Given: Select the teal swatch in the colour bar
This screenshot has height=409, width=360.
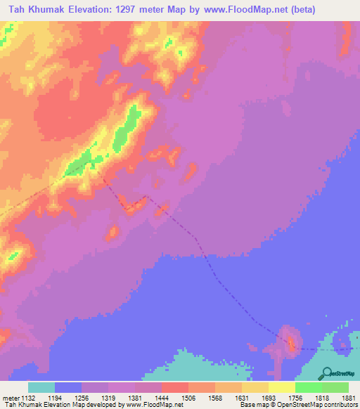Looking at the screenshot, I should (x=41, y=387).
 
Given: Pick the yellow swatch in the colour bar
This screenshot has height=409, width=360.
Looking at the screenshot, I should (x=281, y=387).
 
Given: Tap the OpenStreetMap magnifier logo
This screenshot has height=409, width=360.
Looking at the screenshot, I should (x=326, y=373).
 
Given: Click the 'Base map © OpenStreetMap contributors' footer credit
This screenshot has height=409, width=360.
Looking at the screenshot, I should (x=299, y=405).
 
